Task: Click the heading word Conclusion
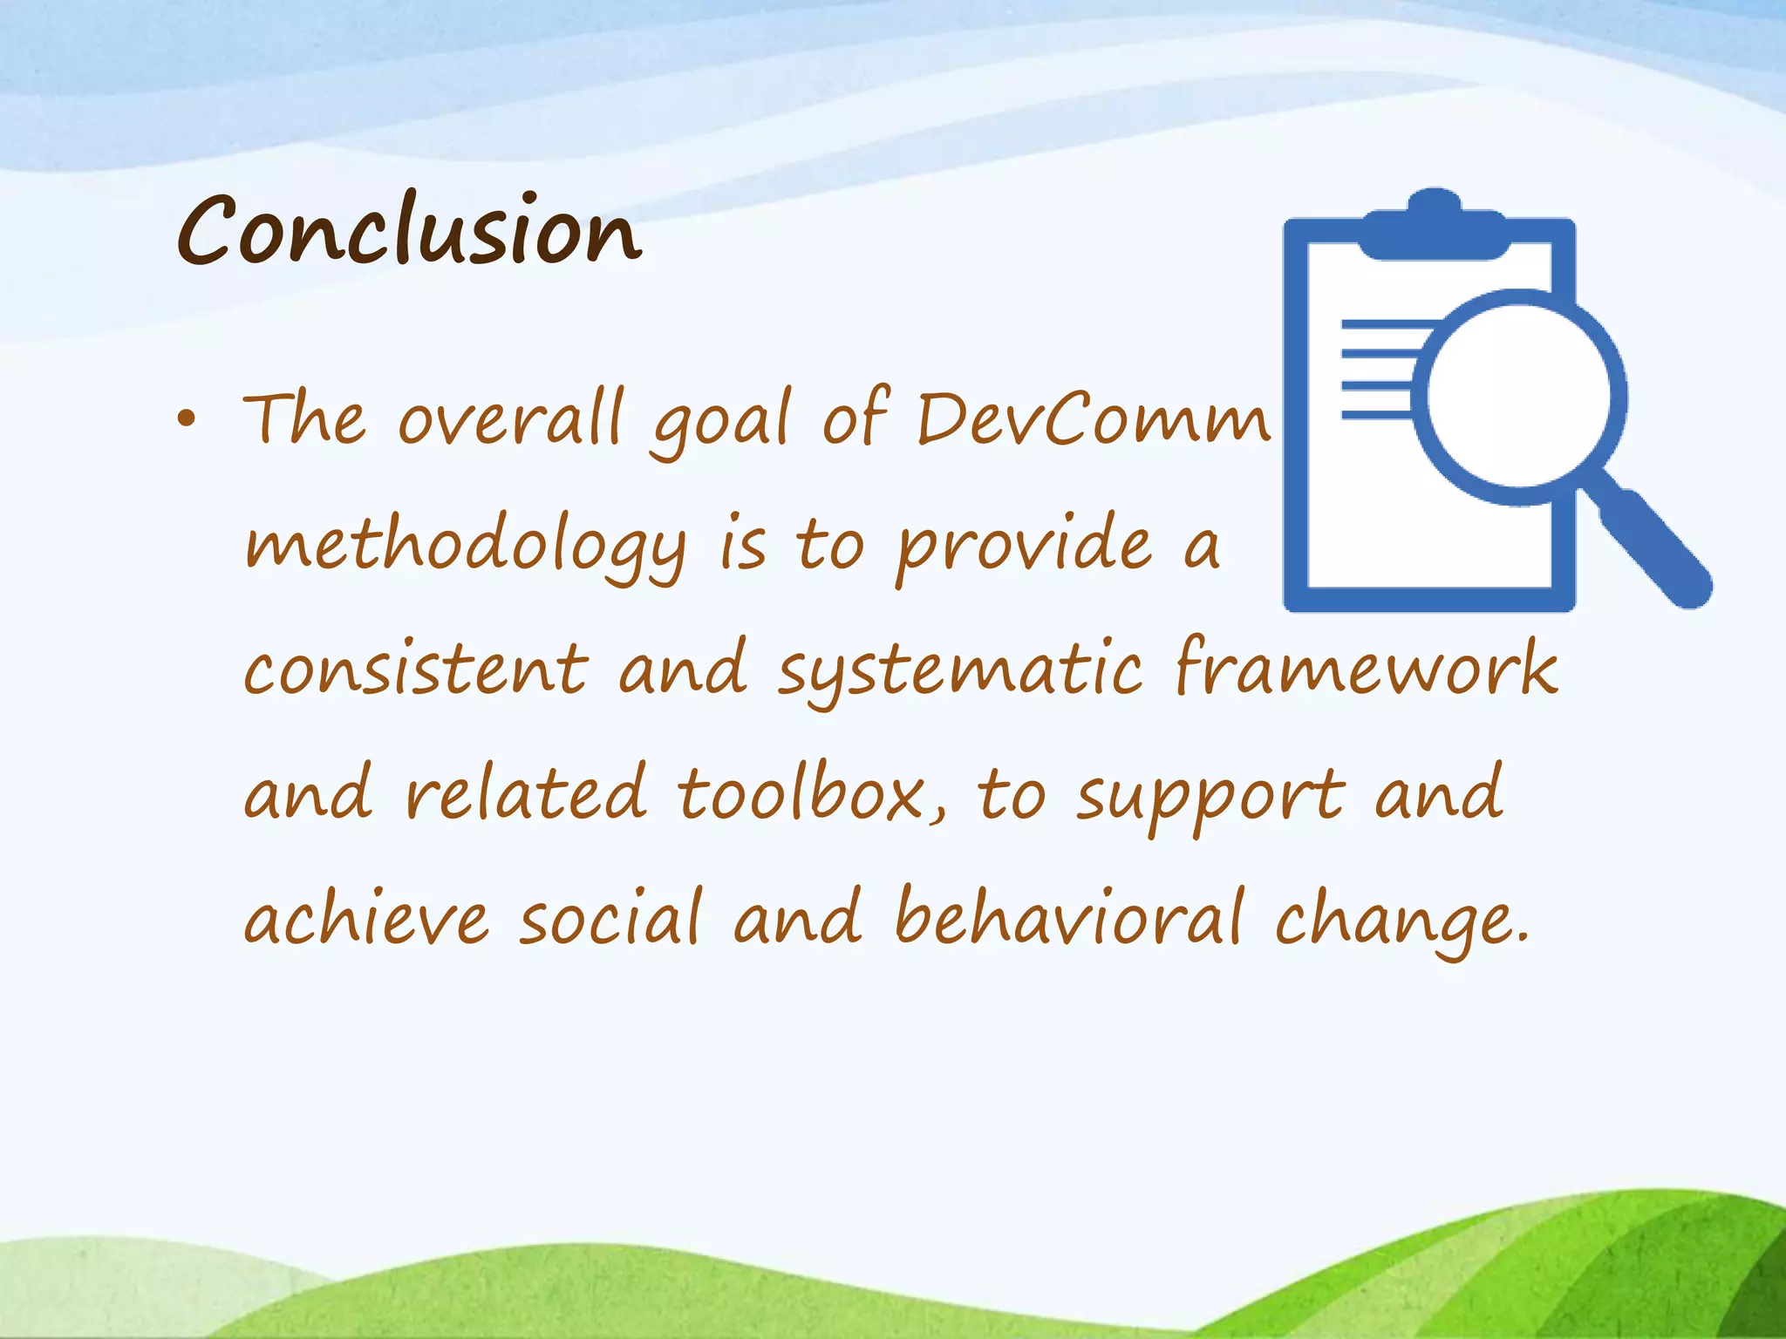pyautogui.click(x=409, y=231)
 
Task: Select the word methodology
pyautogui.click(x=465, y=547)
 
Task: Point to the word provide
pyautogui.click(x=1025, y=547)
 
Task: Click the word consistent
pyautogui.click(x=416, y=669)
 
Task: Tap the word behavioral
pyautogui.click(x=1069, y=917)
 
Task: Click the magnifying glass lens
pyautogui.click(x=1519, y=397)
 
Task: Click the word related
pyautogui.click(x=526, y=793)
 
